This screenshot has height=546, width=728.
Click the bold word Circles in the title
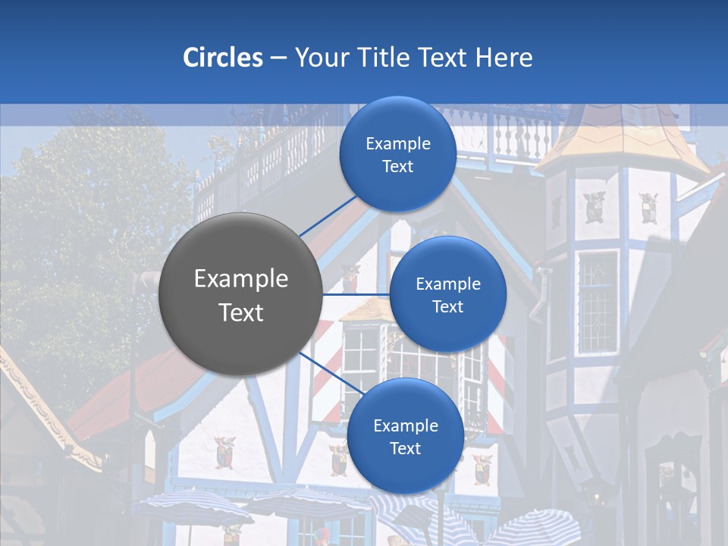223,58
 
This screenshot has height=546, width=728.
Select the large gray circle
240,294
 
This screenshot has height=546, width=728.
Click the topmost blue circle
397,154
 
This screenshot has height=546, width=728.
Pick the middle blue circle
447,294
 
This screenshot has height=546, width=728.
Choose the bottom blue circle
405,436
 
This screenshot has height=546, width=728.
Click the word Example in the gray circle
240,279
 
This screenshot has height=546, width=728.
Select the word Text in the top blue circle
397,166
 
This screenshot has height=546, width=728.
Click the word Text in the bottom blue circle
405,448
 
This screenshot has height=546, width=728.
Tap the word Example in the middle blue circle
447,284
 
